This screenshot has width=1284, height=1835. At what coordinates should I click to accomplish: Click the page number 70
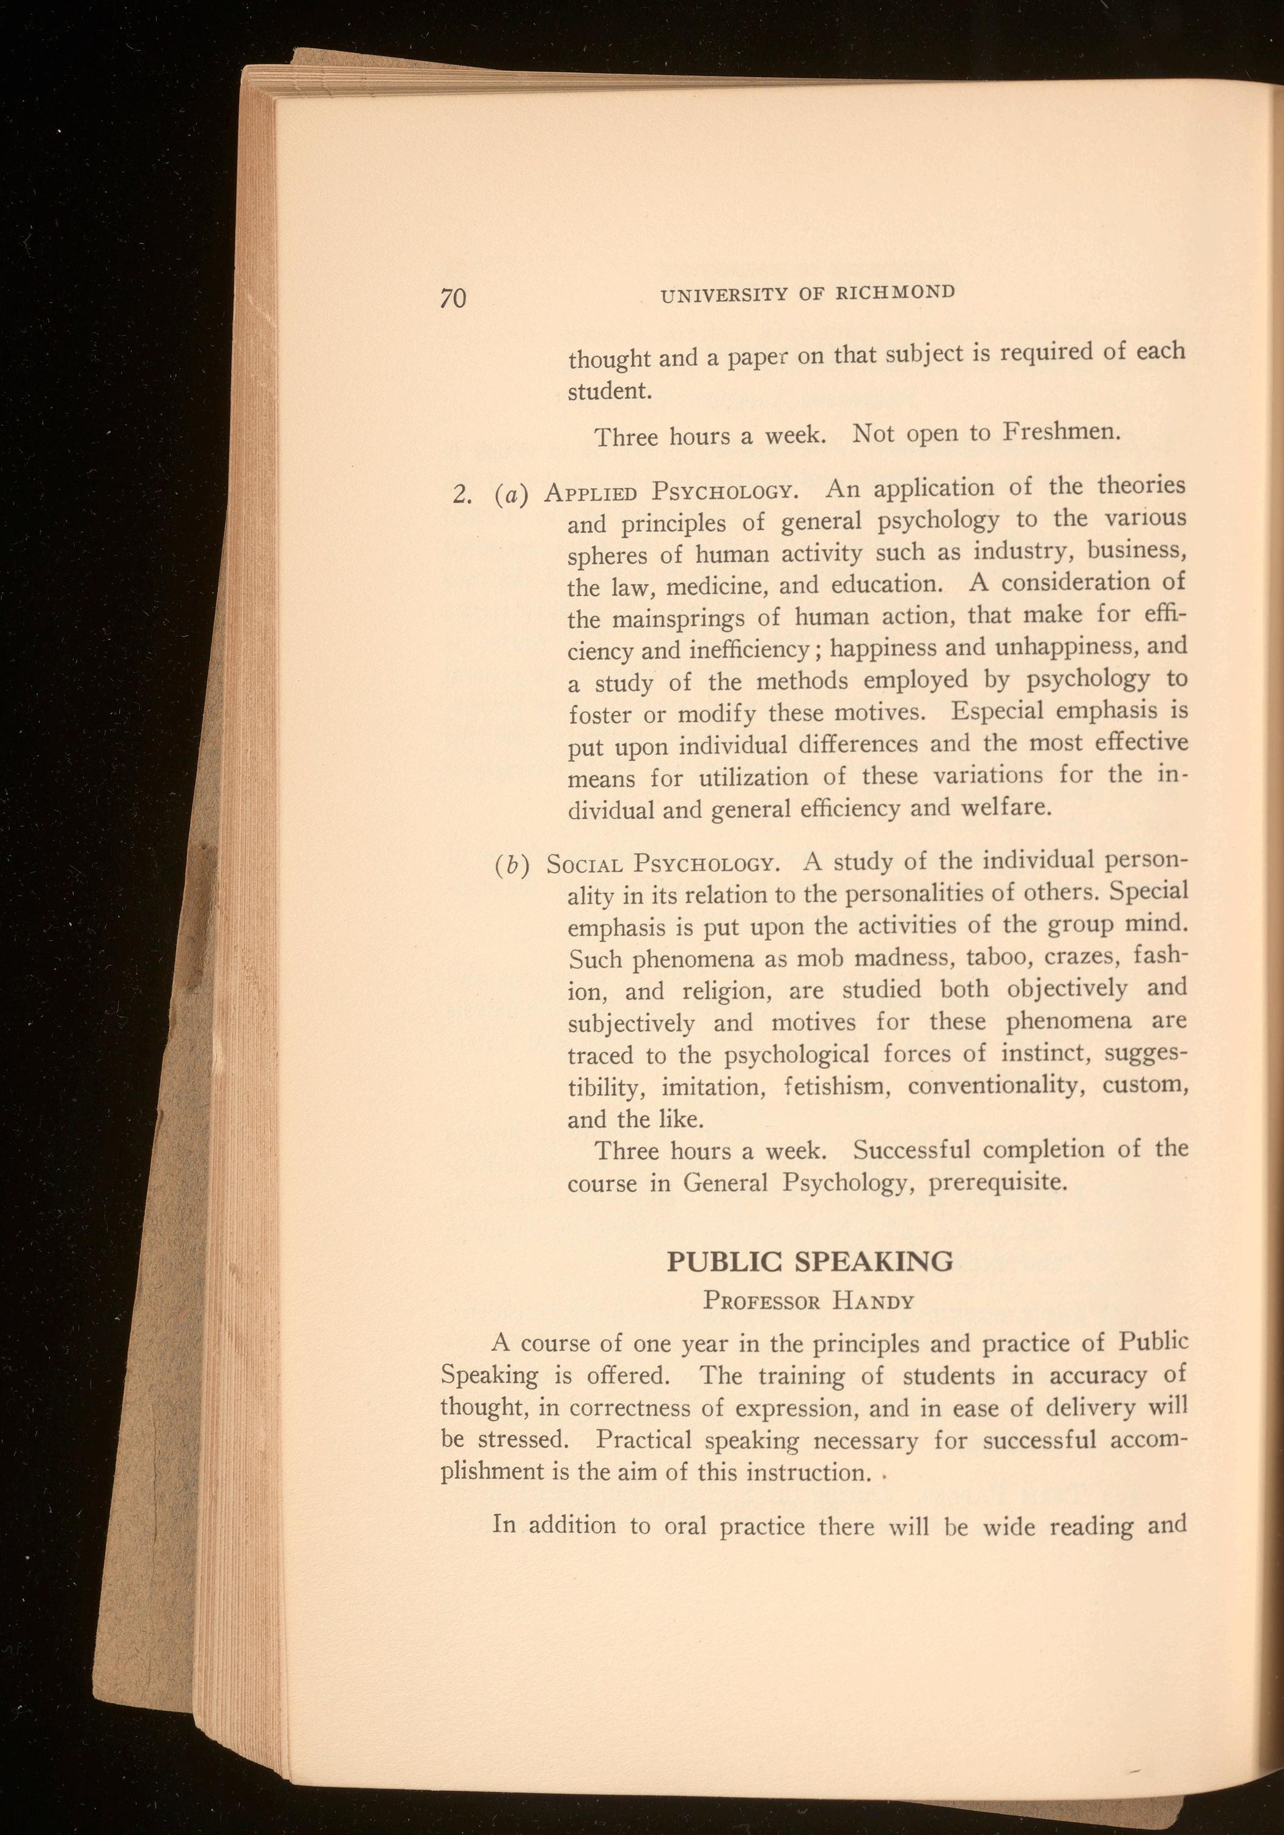point(452,298)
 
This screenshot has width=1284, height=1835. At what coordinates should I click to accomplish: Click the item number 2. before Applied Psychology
point(463,495)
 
